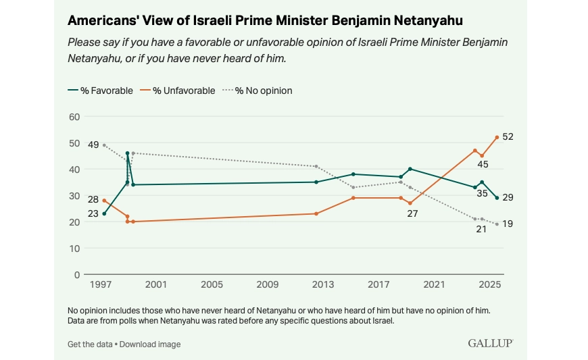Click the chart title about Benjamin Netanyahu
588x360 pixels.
(270, 21)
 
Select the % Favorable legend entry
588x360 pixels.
(101, 91)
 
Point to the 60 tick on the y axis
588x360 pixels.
(74, 117)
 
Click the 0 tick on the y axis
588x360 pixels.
(78, 275)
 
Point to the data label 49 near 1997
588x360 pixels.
(93, 145)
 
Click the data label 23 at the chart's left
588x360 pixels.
(93, 214)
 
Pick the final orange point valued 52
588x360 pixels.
(497, 137)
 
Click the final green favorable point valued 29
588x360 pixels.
(497, 198)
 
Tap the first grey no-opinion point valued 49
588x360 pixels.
(104, 145)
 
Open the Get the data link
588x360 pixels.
(90, 344)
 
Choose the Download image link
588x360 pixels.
(149, 344)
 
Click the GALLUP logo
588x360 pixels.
(490, 343)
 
